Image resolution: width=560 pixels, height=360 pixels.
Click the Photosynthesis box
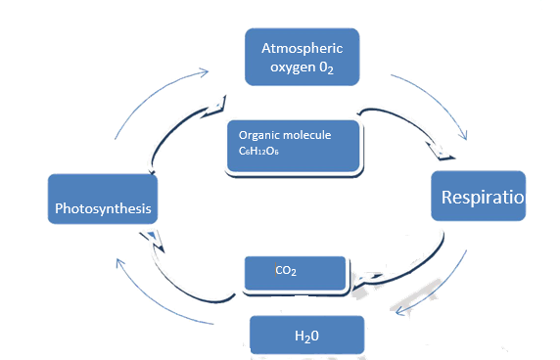tap(101, 208)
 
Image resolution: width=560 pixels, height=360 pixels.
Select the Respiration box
tap(479, 199)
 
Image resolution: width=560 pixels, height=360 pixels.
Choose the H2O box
tap(306, 336)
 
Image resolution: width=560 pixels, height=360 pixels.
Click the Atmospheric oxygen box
tap(303, 57)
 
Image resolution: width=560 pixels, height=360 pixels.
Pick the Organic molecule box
tap(294, 144)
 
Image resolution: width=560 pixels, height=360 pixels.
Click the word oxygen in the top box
tap(291, 67)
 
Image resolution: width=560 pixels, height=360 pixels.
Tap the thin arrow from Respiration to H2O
tap(441, 284)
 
